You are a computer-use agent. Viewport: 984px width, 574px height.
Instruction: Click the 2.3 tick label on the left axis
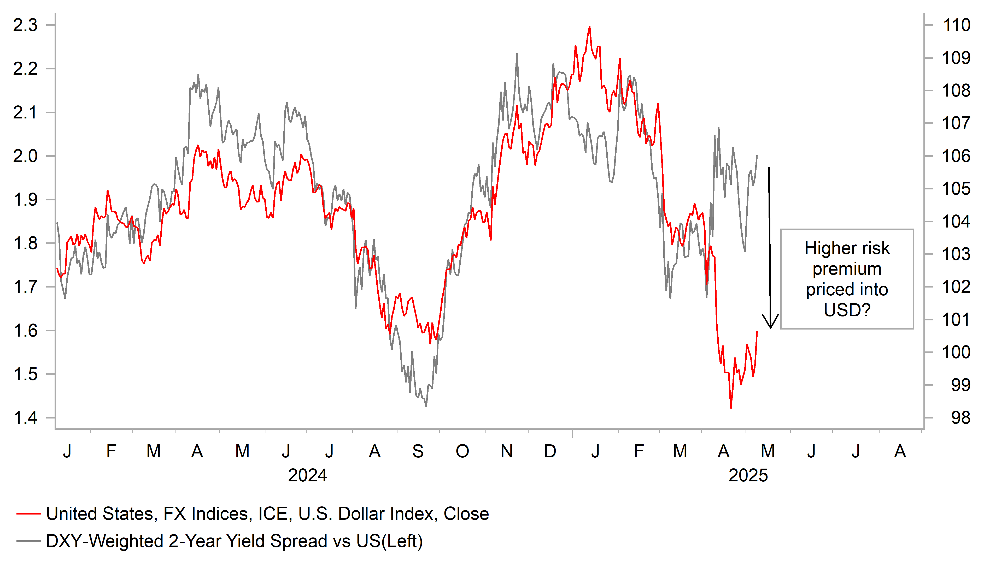click(25, 25)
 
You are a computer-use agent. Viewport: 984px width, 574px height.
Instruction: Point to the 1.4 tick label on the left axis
click(25, 418)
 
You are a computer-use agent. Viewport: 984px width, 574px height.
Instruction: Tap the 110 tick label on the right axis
click(956, 25)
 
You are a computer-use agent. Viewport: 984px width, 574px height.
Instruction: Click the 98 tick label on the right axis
click(960, 418)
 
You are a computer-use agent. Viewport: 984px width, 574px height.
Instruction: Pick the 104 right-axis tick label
click(956, 222)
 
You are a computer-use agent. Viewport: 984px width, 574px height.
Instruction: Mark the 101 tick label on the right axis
click(956, 320)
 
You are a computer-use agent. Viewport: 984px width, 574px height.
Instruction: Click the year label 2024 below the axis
click(307, 475)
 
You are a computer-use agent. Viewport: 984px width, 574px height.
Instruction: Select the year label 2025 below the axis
click(748, 475)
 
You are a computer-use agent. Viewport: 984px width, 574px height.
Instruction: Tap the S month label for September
click(418, 451)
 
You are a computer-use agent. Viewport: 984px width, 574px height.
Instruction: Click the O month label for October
click(462, 451)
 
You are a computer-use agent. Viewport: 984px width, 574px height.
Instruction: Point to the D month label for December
click(550, 451)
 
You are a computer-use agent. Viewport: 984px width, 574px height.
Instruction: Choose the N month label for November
click(506, 451)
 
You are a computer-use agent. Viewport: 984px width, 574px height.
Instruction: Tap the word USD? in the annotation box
click(847, 310)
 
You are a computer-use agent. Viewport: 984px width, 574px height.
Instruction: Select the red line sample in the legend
click(28, 514)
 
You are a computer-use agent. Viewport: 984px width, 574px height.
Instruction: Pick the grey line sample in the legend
click(28, 541)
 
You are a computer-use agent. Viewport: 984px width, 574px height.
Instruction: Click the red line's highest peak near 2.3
click(589, 27)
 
